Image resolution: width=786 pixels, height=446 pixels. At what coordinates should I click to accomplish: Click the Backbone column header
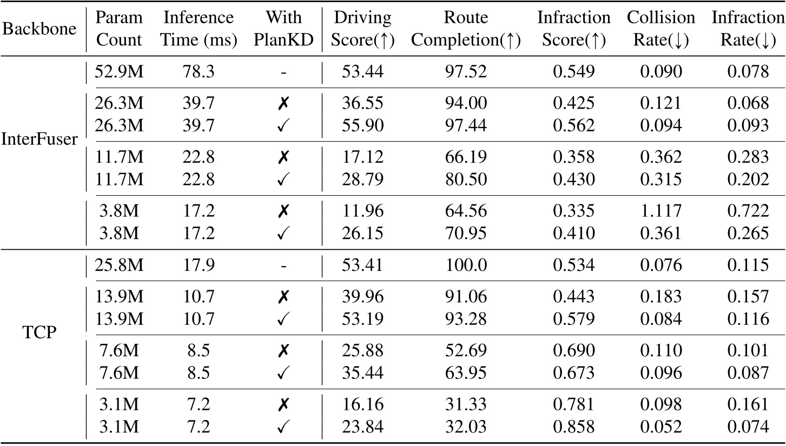click(x=39, y=29)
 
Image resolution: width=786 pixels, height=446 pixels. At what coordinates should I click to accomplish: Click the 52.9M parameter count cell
click(x=119, y=71)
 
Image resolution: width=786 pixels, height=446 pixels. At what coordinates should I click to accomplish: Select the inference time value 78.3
click(x=199, y=71)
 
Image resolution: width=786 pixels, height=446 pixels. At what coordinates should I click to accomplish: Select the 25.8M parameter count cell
click(x=119, y=265)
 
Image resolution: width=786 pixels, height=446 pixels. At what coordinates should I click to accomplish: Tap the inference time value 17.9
click(x=199, y=265)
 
